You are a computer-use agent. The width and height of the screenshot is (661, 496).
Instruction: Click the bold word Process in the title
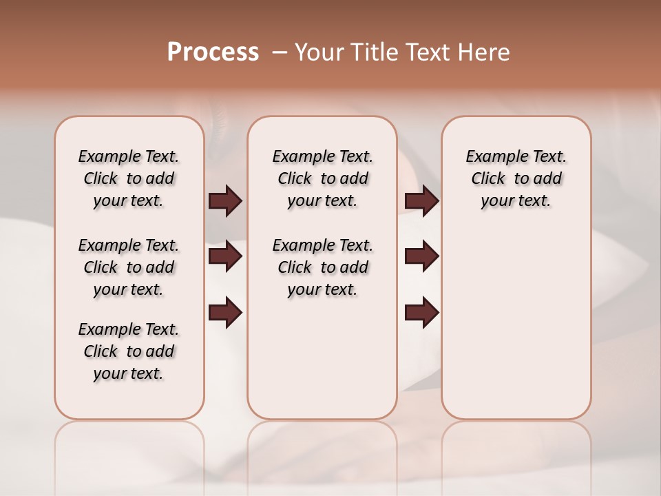click(213, 52)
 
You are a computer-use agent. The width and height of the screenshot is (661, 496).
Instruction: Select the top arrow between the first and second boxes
click(225, 200)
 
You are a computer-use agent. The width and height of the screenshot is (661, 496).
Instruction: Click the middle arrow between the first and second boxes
click(225, 256)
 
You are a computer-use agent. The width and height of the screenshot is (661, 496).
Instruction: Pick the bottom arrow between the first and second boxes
click(225, 312)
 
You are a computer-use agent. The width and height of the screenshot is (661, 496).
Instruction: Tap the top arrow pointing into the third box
click(421, 200)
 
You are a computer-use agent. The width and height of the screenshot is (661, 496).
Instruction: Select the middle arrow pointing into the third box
click(421, 256)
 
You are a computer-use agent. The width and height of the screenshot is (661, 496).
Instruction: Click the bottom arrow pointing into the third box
click(421, 312)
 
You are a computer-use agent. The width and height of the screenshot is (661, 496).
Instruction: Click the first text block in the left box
click(129, 178)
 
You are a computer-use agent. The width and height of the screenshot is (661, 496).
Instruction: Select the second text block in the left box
click(129, 267)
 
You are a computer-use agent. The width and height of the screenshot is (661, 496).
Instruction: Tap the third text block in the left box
click(129, 351)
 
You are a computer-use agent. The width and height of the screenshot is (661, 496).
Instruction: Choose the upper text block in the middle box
click(322, 178)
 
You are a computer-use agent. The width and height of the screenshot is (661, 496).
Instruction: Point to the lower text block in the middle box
click(322, 267)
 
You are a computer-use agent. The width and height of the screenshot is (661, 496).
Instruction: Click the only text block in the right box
click(516, 178)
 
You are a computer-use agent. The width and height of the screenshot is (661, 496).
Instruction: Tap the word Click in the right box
click(488, 179)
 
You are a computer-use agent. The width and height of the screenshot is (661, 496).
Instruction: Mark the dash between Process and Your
click(280, 52)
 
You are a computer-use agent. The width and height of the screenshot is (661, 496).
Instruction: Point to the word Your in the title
click(320, 52)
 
